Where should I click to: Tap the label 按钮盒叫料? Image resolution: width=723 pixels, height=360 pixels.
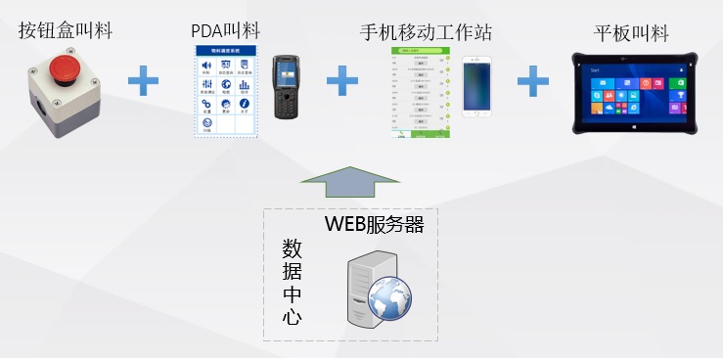pos(65,30)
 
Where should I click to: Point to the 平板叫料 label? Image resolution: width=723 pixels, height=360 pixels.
pos(631,32)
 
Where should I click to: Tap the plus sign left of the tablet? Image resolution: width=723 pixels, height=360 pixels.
pos(532,81)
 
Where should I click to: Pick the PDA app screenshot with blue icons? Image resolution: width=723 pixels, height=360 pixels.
pos(227,90)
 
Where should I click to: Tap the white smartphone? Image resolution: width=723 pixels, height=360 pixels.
pos(476,88)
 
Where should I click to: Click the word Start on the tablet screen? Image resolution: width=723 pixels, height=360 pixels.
pos(596,70)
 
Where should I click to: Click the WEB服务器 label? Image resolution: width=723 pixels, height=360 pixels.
pos(374,224)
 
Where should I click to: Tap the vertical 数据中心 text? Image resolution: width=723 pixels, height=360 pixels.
pos(292,281)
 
